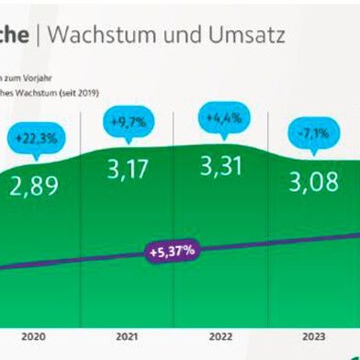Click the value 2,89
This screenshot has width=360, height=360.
coord(34,186)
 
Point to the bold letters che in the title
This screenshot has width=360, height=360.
coord(15,34)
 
